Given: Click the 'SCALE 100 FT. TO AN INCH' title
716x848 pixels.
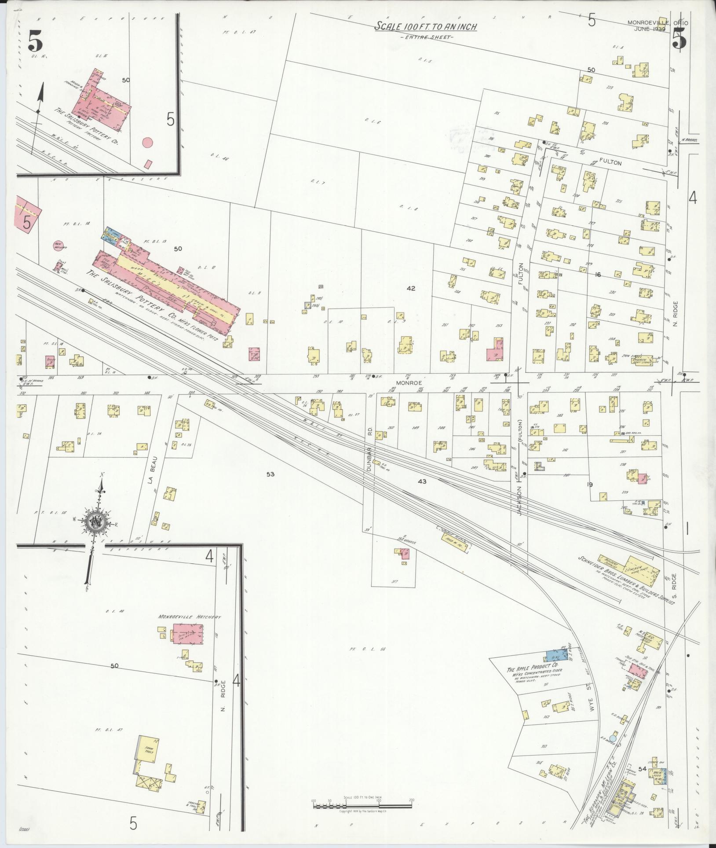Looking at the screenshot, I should [425, 27].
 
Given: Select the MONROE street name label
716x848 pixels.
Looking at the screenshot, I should [409, 383].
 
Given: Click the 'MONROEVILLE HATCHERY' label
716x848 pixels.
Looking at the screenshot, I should [190, 617].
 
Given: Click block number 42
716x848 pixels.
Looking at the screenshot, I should [411, 289].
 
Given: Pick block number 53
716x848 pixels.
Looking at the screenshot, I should [270, 474].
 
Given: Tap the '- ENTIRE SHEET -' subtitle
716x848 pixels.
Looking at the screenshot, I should [426, 37].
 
